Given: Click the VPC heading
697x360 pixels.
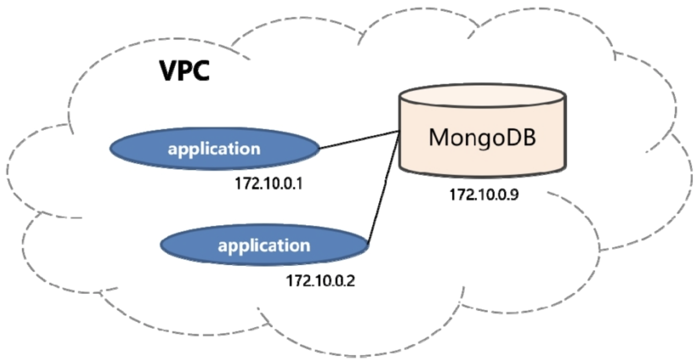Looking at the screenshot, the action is click(x=185, y=71).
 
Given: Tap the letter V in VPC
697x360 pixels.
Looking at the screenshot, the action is click(x=169, y=71).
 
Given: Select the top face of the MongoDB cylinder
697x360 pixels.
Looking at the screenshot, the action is click(x=482, y=95).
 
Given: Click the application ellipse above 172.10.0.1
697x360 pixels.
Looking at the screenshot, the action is click(x=214, y=149).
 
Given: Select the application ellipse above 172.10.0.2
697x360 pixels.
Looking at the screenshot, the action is click(x=265, y=245).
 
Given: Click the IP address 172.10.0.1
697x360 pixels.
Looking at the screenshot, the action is click(x=269, y=183).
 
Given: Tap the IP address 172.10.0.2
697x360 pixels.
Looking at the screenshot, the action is click(x=320, y=280).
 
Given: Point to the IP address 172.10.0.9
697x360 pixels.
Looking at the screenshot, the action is click(x=484, y=195).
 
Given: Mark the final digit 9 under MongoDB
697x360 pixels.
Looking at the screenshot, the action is click(x=514, y=195).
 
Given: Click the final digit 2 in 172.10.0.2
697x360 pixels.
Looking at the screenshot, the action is click(x=350, y=280).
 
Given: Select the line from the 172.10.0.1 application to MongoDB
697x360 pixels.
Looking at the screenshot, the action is click(x=360, y=140).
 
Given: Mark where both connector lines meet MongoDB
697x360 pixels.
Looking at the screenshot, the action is click(x=399, y=131).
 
